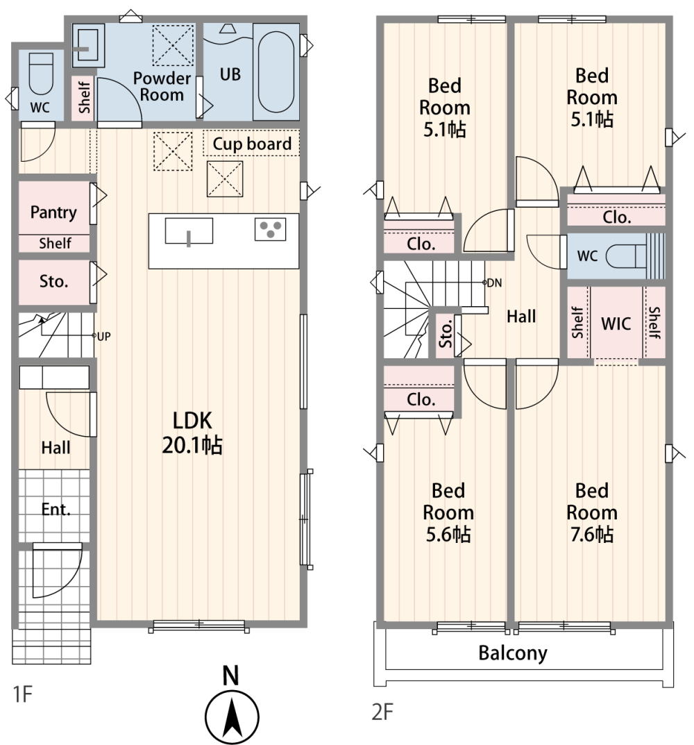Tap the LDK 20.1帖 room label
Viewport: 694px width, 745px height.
(x=192, y=433)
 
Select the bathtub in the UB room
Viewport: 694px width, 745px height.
(x=276, y=72)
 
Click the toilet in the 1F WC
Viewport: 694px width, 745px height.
(x=41, y=74)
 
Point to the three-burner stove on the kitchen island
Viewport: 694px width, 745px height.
(x=270, y=229)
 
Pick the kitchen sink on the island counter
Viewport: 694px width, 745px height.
(x=189, y=231)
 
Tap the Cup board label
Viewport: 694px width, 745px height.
(x=252, y=144)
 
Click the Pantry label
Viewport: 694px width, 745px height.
(x=53, y=212)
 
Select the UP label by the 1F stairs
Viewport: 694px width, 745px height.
(x=104, y=336)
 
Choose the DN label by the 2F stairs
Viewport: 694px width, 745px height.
(x=495, y=283)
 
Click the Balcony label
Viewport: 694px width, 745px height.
(x=513, y=653)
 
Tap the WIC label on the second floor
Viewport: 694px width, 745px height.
(x=616, y=324)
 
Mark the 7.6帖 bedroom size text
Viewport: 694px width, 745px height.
(x=592, y=535)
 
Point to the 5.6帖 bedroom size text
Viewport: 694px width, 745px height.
(x=448, y=535)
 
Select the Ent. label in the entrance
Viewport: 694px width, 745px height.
(x=56, y=510)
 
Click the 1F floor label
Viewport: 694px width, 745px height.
(x=23, y=694)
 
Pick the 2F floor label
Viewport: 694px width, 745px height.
(x=382, y=712)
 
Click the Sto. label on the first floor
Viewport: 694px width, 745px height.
(x=53, y=281)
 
